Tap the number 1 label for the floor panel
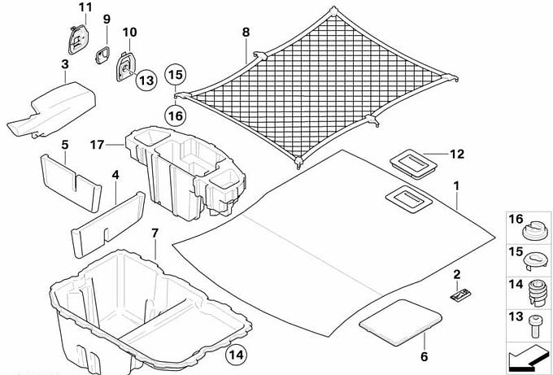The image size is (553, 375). click(x=457, y=186)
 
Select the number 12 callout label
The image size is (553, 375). click(x=456, y=152)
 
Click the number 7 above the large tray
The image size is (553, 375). click(x=155, y=234)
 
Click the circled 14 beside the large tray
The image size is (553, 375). click(x=235, y=354)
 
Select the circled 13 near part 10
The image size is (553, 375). click(x=145, y=80)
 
